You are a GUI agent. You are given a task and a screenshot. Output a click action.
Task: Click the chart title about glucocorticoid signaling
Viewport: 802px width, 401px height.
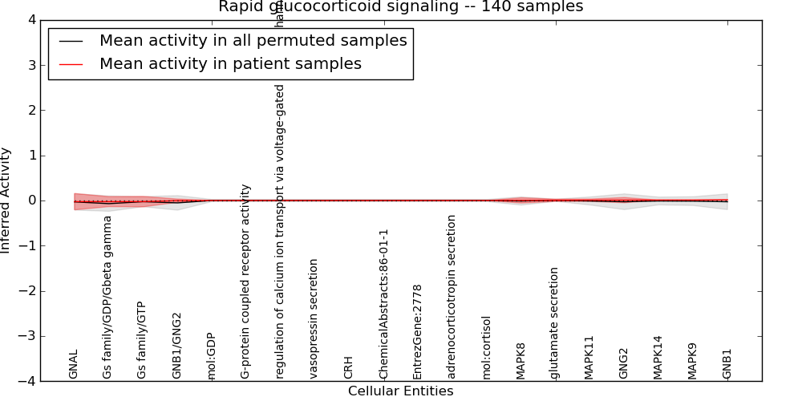(400, 7)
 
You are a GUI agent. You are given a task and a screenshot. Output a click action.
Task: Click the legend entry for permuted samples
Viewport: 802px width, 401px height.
(253, 40)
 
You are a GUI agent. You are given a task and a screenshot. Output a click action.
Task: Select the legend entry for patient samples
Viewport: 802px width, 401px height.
(230, 63)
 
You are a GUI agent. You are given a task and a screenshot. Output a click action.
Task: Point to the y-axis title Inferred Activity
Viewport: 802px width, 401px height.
(6, 200)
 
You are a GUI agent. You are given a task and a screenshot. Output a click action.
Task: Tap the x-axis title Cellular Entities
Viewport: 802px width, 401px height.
(400, 391)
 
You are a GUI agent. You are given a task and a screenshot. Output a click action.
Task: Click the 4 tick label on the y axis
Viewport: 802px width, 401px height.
(31, 20)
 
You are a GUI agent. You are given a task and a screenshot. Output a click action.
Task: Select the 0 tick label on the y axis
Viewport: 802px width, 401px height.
(31, 200)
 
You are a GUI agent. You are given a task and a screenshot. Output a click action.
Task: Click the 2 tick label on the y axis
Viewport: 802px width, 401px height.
(31, 111)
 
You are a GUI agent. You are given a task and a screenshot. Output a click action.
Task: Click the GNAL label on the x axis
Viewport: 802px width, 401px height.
(74, 364)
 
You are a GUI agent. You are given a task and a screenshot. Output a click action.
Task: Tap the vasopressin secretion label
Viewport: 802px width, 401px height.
(314, 318)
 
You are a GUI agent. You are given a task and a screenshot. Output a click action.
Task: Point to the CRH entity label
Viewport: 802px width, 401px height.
(349, 367)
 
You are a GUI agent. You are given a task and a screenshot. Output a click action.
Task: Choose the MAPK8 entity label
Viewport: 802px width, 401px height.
(521, 361)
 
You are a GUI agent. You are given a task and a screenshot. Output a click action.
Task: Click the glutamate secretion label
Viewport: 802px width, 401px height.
(555, 322)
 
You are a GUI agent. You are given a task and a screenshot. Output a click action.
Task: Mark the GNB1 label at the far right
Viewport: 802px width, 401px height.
(727, 363)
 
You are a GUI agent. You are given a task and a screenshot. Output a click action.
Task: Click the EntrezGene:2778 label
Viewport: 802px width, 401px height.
(418, 331)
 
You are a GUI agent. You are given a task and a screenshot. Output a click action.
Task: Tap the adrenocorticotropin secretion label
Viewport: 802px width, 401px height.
(452, 297)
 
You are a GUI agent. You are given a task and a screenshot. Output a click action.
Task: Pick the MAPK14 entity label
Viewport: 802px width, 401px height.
(658, 357)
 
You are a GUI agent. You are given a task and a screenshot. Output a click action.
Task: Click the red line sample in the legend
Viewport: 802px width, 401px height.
(71, 63)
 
